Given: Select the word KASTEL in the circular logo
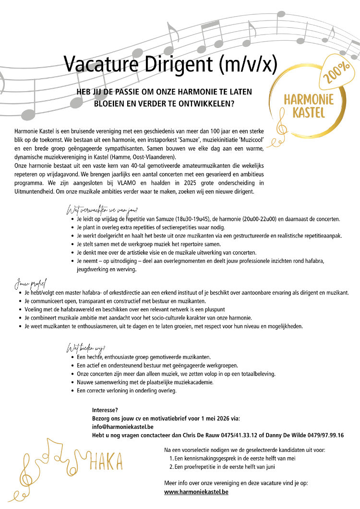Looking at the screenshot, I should (309, 113).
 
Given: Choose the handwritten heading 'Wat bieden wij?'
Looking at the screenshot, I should (86, 348).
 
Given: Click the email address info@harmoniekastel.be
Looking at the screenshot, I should (122, 426).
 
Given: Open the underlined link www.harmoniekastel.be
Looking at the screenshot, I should (196, 492).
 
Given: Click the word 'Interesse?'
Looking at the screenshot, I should (105, 410).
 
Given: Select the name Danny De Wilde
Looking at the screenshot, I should (281, 435).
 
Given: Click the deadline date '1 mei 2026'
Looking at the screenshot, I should (206, 418).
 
